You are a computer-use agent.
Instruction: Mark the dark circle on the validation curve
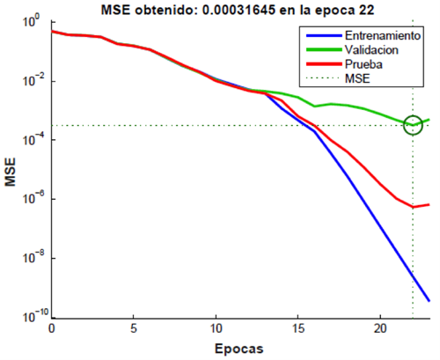pyautogui.click(x=413, y=125)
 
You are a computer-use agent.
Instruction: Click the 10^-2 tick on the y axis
pyautogui.click(x=35, y=81)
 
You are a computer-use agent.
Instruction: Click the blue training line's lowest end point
pyautogui.click(x=429, y=301)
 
